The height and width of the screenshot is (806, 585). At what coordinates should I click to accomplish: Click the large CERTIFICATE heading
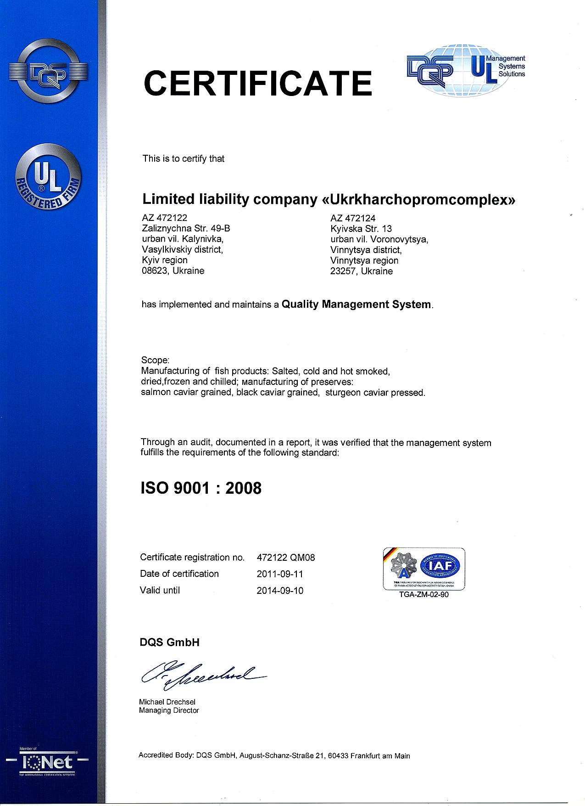coord(258,83)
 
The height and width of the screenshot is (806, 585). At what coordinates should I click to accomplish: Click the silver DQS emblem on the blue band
coord(49,72)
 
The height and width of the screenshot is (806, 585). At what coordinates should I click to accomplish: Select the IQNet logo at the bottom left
coord(48,763)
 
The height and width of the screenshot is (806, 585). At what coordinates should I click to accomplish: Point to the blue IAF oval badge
coord(443,565)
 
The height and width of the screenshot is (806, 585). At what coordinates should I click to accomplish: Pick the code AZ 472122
coord(165,218)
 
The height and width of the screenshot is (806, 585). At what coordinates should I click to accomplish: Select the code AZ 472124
coord(353,218)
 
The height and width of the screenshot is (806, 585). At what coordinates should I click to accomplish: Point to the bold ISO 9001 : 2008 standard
coord(201,488)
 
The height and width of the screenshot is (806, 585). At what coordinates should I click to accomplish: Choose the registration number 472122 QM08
coord(285,558)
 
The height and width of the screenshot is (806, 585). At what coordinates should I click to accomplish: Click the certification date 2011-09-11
coord(280,574)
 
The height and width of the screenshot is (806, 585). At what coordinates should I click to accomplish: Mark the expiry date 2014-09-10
coord(280,591)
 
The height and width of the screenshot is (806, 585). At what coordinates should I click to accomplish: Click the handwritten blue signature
coord(202,675)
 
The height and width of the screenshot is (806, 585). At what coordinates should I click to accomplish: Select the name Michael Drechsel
coord(167,702)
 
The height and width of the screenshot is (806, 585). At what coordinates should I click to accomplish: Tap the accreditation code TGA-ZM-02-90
coord(423,595)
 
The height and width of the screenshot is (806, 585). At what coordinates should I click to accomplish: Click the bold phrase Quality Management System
coord(357,304)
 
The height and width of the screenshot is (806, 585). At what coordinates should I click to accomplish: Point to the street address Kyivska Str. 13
coord(361,229)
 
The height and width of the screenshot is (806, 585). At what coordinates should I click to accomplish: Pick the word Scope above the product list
coord(155,360)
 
